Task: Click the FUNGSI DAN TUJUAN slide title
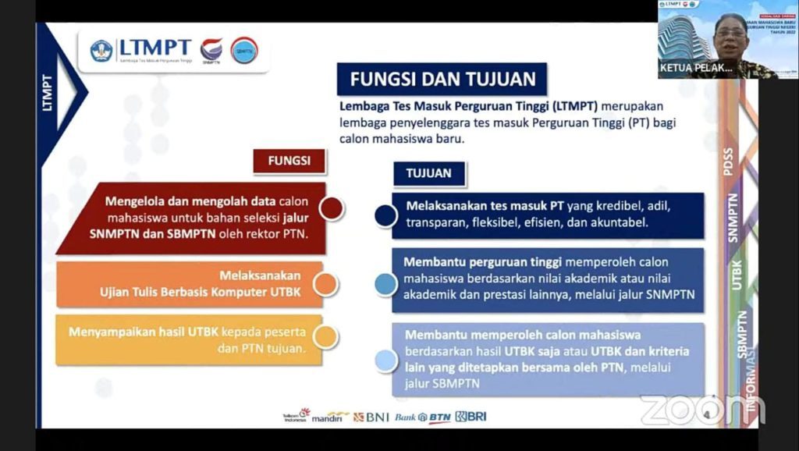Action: click(442, 80)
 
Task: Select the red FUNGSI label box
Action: click(289, 161)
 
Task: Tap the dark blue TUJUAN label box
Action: click(428, 173)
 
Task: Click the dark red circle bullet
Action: click(332, 208)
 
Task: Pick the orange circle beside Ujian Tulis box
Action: click(326, 284)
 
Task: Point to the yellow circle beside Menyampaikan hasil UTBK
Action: click(326, 336)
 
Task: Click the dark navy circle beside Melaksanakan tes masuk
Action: click(385, 215)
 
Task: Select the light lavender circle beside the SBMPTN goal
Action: click(385, 360)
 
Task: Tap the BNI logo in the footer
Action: click(371, 417)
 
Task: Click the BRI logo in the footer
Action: click(471, 417)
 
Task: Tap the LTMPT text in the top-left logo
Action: click(154, 48)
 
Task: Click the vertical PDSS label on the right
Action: click(728, 162)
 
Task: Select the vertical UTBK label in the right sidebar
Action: click(737, 275)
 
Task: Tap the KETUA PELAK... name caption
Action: click(697, 69)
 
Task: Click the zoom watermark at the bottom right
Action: click(701, 410)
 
